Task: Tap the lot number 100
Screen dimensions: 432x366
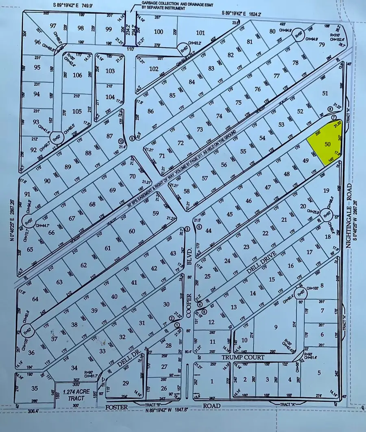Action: pyautogui.click(x=159, y=31)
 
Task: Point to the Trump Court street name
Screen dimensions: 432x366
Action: pyautogui.click(x=243, y=357)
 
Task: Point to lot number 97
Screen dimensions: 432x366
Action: pyautogui.click(x=52, y=26)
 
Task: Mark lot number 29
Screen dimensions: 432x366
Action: pyautogui.click(x=126, y=382)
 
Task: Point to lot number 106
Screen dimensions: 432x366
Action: pyautogui.click(x=77, y=75)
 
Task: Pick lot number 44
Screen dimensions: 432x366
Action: pyautogui.click(x=208, y=231)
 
